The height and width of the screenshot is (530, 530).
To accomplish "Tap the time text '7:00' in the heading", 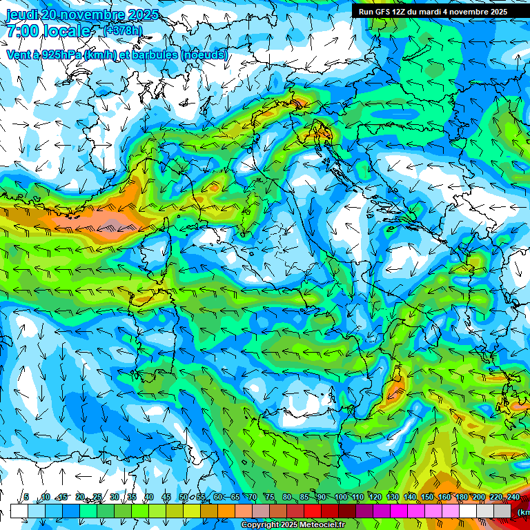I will click(22, 31).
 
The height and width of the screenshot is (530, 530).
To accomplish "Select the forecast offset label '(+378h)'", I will click(122, 30).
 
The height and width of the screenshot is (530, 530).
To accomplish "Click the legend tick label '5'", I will click(26, 498).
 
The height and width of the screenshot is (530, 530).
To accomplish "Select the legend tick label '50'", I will click(184, 498).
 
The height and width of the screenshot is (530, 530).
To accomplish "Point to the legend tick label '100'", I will click(340, 498).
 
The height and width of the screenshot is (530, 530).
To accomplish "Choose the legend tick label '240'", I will click(513, 498).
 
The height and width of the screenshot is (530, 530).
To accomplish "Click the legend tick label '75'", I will click(269, 498).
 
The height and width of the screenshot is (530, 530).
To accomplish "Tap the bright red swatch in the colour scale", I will click(313, 511).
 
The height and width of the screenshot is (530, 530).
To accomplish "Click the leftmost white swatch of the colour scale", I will click(19, 511).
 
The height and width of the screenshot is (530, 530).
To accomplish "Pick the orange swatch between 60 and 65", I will click(226, 511).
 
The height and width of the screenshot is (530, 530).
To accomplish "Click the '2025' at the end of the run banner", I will click(498, 12).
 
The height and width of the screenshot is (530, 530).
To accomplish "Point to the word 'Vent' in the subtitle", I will click(19, 55).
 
